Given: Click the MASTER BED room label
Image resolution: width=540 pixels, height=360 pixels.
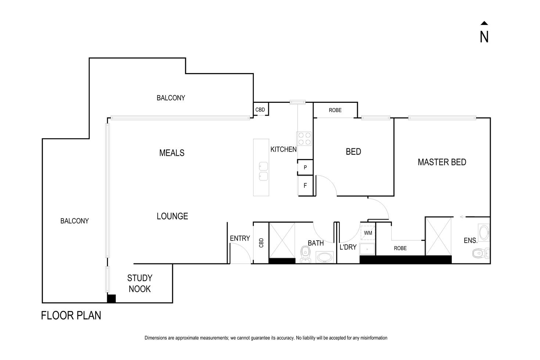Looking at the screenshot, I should (442, 162).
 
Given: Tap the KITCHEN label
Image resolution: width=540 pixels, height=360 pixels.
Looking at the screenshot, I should (283, 150).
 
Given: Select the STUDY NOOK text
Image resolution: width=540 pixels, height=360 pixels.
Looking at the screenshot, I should (140, 284).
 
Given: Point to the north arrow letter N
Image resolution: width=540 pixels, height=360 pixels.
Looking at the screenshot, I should (484, 37).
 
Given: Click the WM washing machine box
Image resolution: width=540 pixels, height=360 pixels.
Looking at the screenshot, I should (368, 233).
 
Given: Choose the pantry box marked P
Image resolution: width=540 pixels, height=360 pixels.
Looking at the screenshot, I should (305, 168).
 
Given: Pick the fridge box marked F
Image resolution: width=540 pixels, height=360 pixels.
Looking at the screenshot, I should (305, 186).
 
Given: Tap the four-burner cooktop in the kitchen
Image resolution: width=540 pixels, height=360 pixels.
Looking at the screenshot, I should (305, 138).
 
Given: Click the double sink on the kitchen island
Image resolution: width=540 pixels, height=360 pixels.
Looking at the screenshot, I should (263, 172).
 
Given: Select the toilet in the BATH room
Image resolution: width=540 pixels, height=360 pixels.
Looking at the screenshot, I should (305, 253).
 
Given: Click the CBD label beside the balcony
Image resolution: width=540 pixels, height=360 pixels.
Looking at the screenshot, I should (260, 109).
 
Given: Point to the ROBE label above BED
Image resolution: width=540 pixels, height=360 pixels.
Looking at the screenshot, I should (335, 110).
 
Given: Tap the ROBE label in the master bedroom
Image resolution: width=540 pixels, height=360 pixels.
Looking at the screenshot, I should (400, 248).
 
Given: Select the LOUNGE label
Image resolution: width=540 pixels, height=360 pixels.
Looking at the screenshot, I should (172, 216).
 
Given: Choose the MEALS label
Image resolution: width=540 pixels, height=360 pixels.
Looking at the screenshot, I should (172, 153).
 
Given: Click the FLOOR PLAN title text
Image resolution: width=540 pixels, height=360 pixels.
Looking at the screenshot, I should (71, 316).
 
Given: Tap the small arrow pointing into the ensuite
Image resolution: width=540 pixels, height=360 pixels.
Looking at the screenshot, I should (462, 217).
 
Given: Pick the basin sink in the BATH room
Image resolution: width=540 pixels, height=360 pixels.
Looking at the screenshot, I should (324, 257).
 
